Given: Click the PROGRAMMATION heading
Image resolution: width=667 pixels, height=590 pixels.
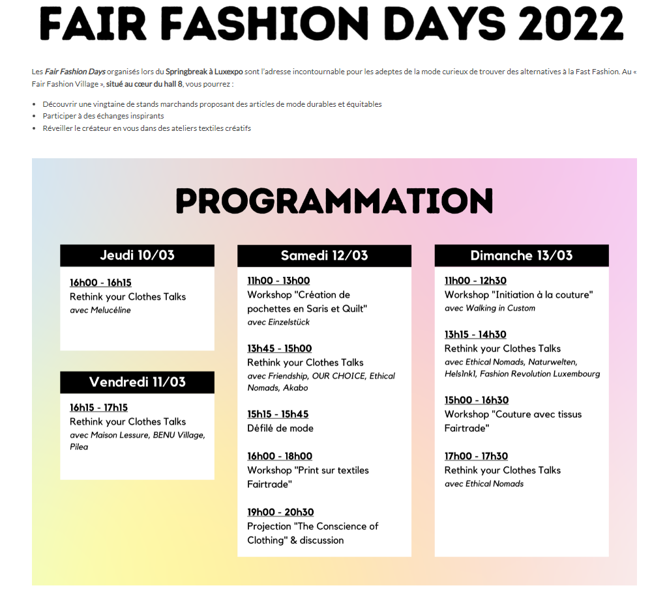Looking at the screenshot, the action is coord(334,201).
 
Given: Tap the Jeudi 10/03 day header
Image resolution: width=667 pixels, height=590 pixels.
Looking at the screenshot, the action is coord(137,255).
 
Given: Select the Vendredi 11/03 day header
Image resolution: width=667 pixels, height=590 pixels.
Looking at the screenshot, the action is coord(137,382).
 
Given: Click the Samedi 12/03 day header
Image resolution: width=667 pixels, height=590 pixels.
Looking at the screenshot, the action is coord(324,256).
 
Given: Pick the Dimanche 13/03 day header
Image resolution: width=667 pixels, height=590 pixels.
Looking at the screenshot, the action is coord(522,256).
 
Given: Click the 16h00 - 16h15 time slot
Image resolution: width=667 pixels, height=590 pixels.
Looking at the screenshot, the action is coord(100,283).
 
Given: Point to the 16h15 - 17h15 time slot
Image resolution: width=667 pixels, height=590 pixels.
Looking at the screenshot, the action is coord(98,408).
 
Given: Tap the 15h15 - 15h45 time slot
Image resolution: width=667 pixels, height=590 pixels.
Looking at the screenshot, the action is coord(278,415).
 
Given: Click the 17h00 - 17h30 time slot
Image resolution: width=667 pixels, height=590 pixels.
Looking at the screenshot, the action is coord(476,457).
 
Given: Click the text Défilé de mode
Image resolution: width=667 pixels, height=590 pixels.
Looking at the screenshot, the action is coord(280,428).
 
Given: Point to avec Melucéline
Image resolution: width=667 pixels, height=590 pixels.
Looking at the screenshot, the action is coord(100,310).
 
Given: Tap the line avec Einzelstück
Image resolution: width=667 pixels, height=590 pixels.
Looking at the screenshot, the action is coord(278,322).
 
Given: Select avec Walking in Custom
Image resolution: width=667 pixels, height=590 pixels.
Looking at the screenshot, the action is coord(490,308).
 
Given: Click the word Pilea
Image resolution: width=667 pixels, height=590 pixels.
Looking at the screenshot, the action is coord(79,447).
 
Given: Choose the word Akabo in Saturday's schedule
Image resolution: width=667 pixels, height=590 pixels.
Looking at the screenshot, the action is coord(295,388).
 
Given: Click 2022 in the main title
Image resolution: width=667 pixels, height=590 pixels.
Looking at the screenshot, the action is coord(571,24).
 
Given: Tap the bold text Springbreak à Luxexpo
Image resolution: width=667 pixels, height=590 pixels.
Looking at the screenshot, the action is coord(204,72).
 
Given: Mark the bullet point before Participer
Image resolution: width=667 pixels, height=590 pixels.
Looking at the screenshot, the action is coord(35,117).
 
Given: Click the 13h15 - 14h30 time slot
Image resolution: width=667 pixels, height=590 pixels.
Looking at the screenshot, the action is coord(475,335).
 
